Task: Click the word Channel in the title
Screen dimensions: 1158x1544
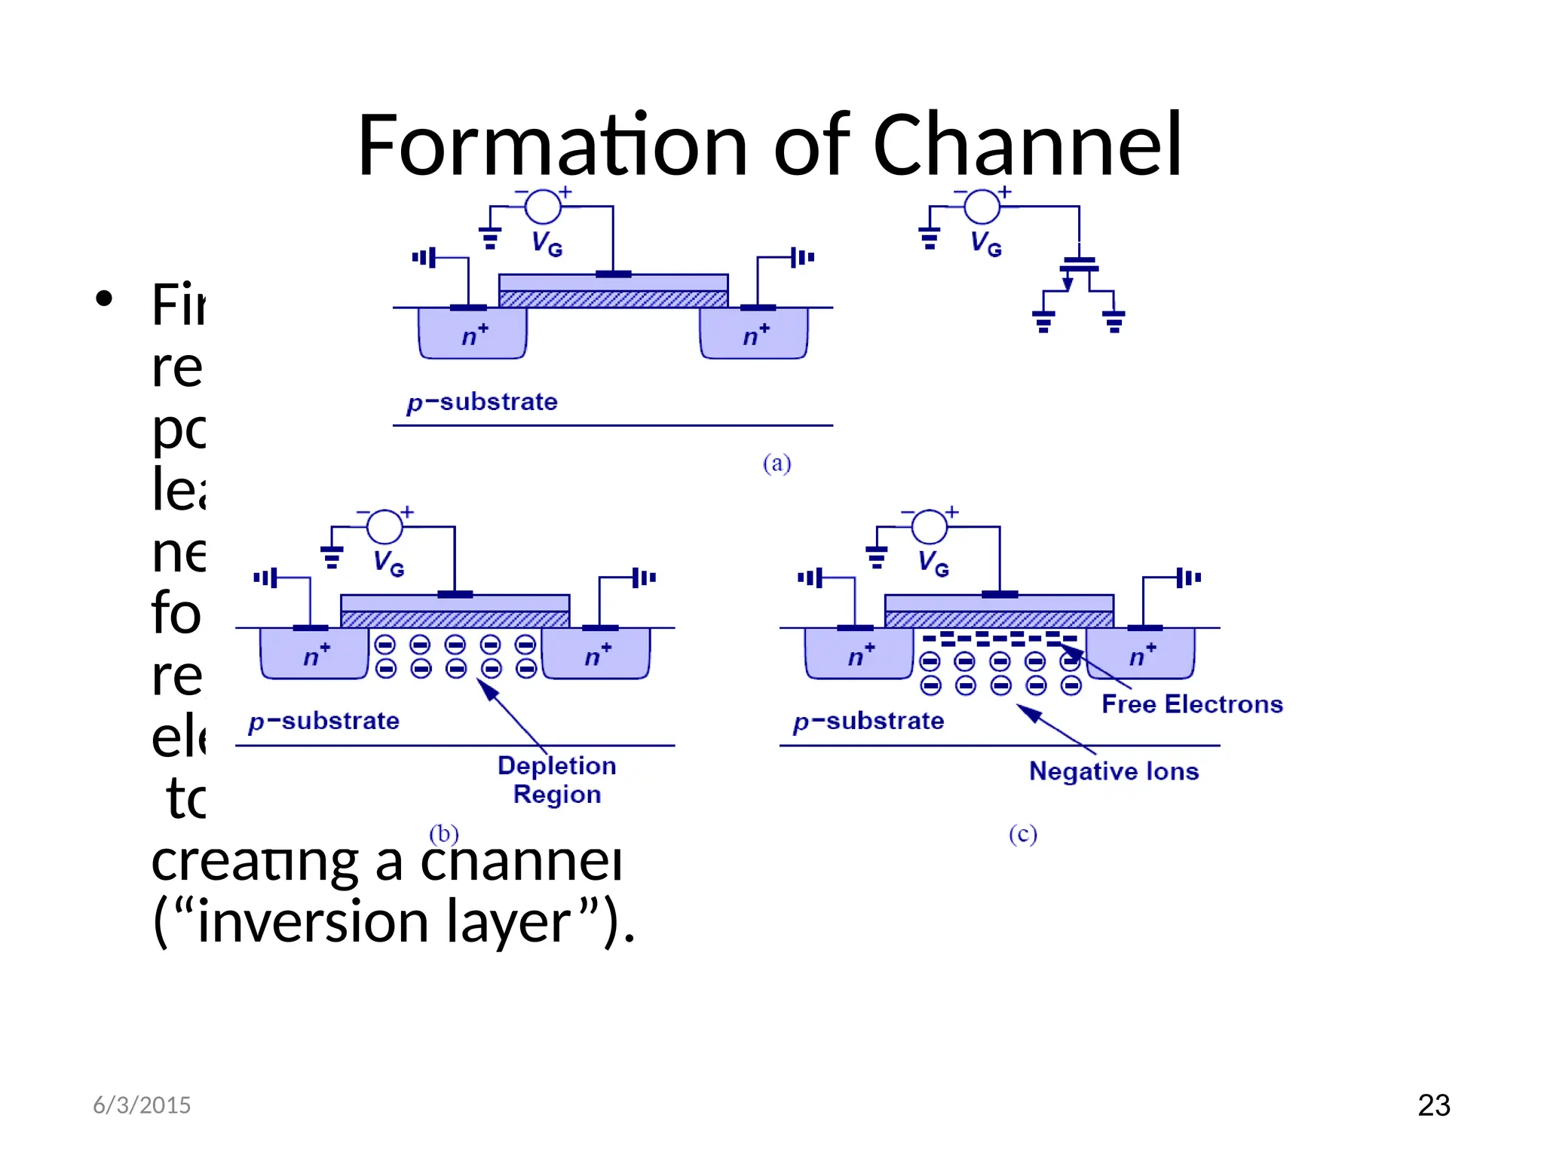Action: point(1027,145)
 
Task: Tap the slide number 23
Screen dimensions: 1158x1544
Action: point(1433,1105)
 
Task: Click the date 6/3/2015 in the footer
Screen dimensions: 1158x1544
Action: point(142,1105)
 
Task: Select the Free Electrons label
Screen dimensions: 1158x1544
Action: point(1192,704)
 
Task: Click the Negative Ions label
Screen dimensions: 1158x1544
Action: point(1114,771)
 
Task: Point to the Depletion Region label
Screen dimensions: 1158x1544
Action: point(557,780)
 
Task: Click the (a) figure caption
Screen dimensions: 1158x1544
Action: point(777,463)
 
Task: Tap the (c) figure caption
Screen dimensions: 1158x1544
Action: point(1023,834)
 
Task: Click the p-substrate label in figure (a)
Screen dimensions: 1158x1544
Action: point(482,402)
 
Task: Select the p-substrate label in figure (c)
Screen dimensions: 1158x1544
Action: point(868,721)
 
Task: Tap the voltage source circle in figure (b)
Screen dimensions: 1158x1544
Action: point(384,526)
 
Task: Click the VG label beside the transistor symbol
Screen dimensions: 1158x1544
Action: point(986,244)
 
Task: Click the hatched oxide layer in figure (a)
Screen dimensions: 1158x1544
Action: point(613,299)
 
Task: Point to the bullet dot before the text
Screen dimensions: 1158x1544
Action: point(104,299)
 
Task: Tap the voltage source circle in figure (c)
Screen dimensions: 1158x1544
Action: point(930,526)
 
